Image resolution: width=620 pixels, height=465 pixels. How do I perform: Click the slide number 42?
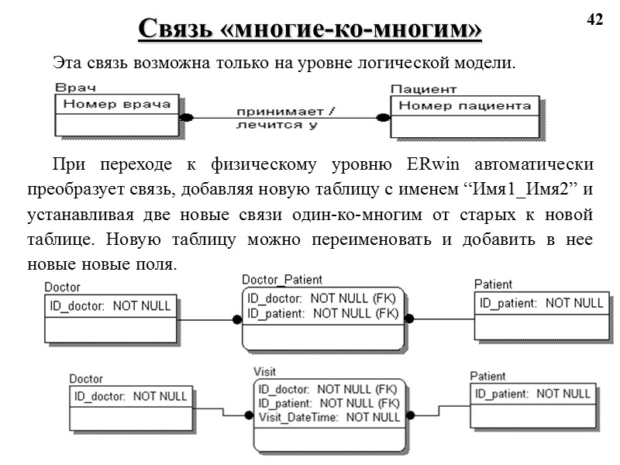[x=594, y=20]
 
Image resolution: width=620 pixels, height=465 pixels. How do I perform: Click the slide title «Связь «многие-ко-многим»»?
[x=310, y=29]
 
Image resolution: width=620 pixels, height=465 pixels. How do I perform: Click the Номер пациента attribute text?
[x=470, y=105]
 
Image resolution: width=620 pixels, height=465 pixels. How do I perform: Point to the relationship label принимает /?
[x=285, y=112]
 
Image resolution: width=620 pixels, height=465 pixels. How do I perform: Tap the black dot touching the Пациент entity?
[x=382, y=117]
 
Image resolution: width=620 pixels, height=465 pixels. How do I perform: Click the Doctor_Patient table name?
[x=282, y=280]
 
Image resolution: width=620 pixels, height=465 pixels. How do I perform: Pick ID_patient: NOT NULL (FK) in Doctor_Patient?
[x=322, y=313]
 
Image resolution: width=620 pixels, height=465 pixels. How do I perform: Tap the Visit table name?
[x=266, y=370]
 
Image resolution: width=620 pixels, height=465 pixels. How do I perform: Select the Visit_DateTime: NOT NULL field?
[x=329, y=417]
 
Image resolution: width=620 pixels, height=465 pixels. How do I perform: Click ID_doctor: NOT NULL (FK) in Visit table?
[x=329, y=389]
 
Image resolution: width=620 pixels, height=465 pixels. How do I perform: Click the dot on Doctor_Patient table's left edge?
[x=237, y=318]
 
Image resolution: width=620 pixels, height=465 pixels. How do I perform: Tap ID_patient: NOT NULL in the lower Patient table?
[x=531, y=394]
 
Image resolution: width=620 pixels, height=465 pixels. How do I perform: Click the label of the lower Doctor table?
[x=86, y=379]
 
